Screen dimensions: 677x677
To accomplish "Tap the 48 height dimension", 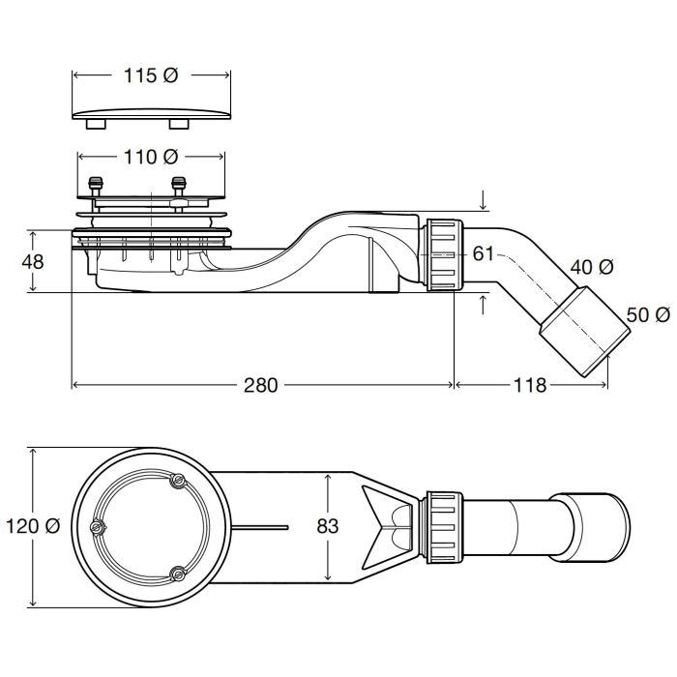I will [x=33, y=260].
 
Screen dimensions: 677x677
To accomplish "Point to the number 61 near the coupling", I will [x=484, y=254].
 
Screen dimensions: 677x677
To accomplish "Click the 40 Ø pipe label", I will [x=591, y=267].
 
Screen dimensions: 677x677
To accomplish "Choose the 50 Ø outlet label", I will [x=648, y=315].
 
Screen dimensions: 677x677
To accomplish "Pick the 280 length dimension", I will [x=260, y=386].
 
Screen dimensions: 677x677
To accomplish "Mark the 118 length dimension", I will [x=531, y=386].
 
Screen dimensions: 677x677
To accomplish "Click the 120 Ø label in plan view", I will [x=33, y=526].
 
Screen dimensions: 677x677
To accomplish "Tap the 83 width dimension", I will [x=328, y=526].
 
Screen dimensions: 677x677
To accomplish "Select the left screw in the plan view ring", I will [x=97, y=527].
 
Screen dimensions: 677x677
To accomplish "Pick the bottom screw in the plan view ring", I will [x=175, y=574].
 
